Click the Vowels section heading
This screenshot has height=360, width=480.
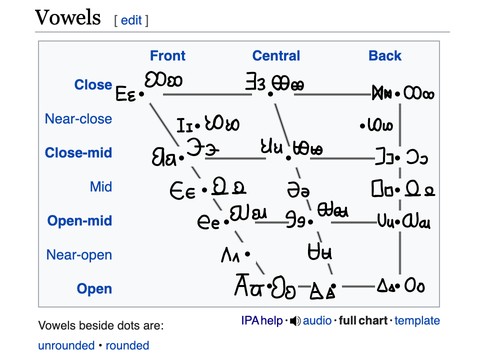(x=68, y=17)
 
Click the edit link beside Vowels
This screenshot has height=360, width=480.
(x=134, y=20)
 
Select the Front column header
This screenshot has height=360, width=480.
(x=167, y=56)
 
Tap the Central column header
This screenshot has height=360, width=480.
(x=276, y=56)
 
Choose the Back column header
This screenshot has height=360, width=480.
(x=385, y=56)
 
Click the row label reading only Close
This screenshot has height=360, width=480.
(x=93, y=85)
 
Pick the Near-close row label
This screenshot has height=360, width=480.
(x=78, y=119)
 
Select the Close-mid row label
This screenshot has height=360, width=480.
(x=78, y=153)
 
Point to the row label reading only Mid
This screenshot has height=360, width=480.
(x=101, y=187)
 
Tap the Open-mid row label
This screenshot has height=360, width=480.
(x=79, y=221)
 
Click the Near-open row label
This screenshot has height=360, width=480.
(x=79, y=255)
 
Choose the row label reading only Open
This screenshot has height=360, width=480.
(x=95, y=289)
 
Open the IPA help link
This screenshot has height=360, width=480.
(x=262, y=321)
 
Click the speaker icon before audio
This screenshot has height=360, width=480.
(x=294, y=321)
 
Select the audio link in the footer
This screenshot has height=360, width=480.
(x=315, y=321)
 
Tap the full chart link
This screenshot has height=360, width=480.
(x=363, y=321)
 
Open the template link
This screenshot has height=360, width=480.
(x=417, y=321)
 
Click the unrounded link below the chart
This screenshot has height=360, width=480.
(x=66, y=345)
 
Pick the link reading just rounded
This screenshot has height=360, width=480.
(x=126, y=345)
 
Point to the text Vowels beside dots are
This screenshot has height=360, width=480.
(x=100, y=325)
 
